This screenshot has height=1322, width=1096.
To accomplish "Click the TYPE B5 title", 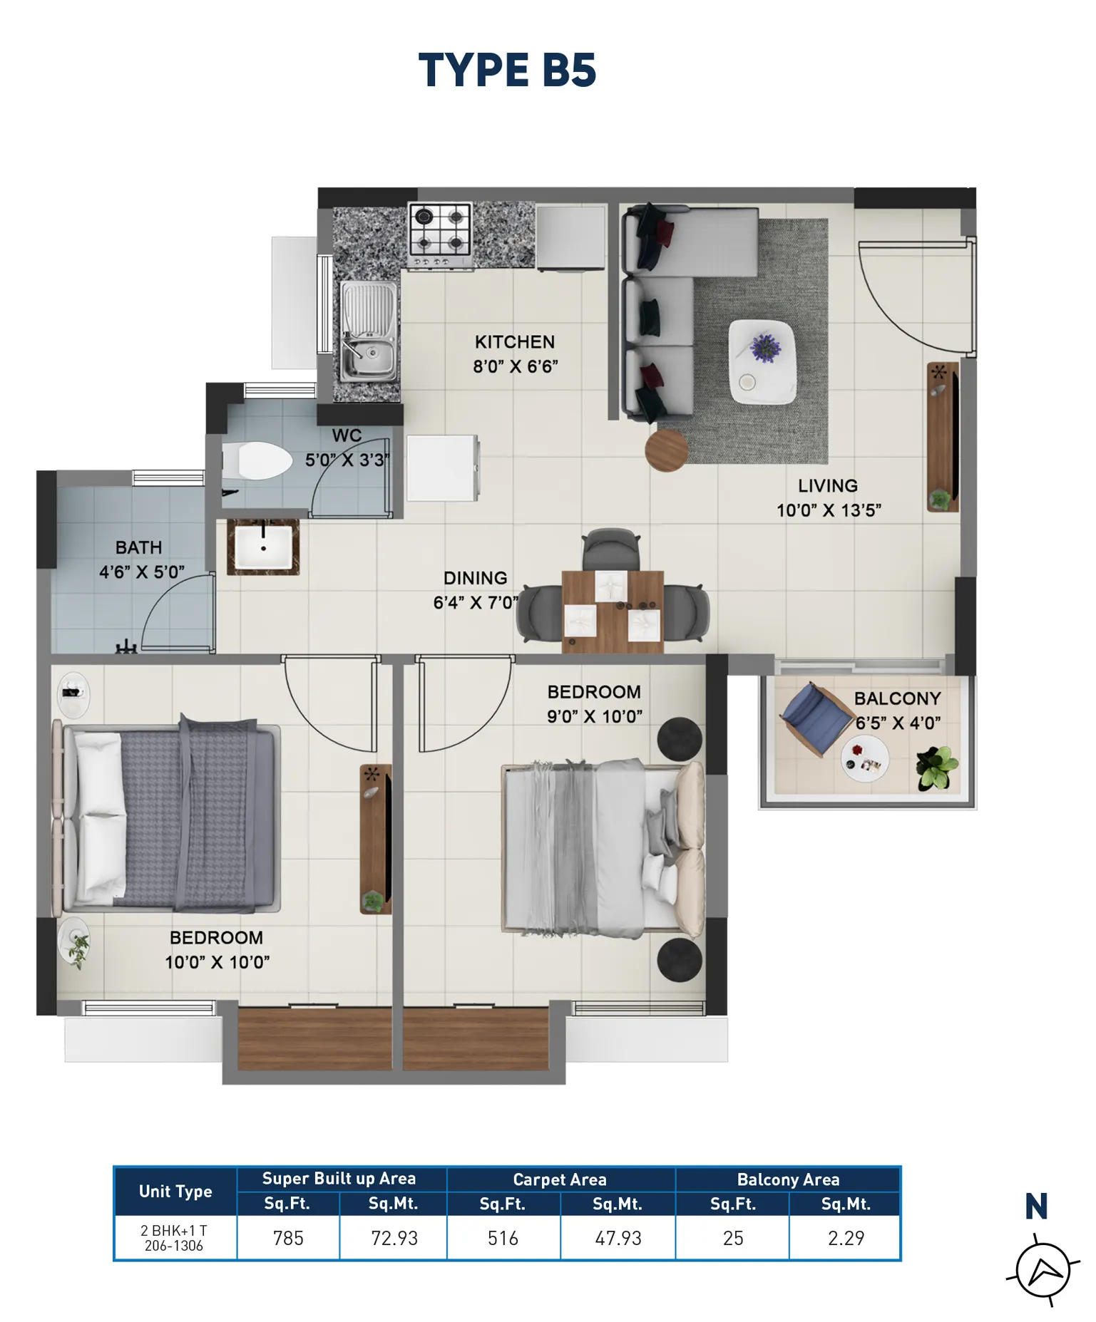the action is pyautogui.click(x=507, y=70).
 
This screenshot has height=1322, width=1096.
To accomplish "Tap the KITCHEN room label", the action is pyautogui.click(x=515, y=342).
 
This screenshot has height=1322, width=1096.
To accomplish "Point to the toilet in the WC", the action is pyautogui.click(x=257, y=460).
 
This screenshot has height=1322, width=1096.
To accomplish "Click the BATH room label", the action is pyautogui.click(x=138, y=547).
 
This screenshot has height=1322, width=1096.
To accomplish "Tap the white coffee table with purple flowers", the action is pyautogui.click(x=762, y=362).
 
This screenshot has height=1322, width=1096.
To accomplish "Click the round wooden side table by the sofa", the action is pyautogui.click(x=667, y=450).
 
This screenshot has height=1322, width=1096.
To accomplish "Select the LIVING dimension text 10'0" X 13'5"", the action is pyautogui.click(x=829, y=510).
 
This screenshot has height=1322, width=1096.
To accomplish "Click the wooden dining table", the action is pyautogui.click(x=613, y=611).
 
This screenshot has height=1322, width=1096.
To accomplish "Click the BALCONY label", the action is pyautogui.click(x=898, y=698).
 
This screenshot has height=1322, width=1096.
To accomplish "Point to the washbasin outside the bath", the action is pyautogui.click(x=263, y=547).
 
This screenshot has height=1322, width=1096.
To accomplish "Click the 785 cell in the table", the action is pyautogui.click(x=288, y=1239).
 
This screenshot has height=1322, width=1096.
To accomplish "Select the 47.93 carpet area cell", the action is pyautogui.click(x=618, y=1239).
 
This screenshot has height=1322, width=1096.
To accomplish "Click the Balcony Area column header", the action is pyautogui.click(x=788, y=1179).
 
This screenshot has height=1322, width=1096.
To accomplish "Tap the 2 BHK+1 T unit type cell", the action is pyautogui.click(x=175, y=1238).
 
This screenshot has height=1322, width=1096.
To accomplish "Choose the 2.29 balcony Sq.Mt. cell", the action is pyautogui.click(x=846, y=1239).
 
